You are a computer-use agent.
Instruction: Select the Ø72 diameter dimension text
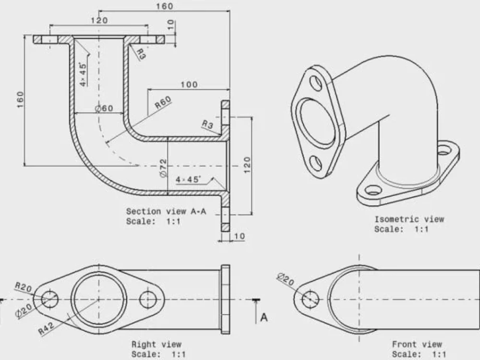coord(163,168)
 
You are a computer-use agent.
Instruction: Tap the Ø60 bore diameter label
coord(104,108)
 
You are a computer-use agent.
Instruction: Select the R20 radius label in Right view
coord(24,288)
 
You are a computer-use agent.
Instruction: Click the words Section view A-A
coord(166,211)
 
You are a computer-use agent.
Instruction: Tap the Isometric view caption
coord(409,219)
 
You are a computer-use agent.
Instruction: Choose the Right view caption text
coord(156,344)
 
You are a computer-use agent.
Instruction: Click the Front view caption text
coord(417,344)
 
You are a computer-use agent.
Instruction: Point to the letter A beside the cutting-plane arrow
coord(264,317)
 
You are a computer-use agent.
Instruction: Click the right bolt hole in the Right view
coord(148,300)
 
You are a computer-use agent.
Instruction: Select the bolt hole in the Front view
coord(311,299)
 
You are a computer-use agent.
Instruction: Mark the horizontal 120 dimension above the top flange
coord(99,21)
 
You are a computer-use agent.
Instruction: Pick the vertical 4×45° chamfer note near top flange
coord(84,74)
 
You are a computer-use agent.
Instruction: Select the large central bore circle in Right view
coord(99,300)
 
